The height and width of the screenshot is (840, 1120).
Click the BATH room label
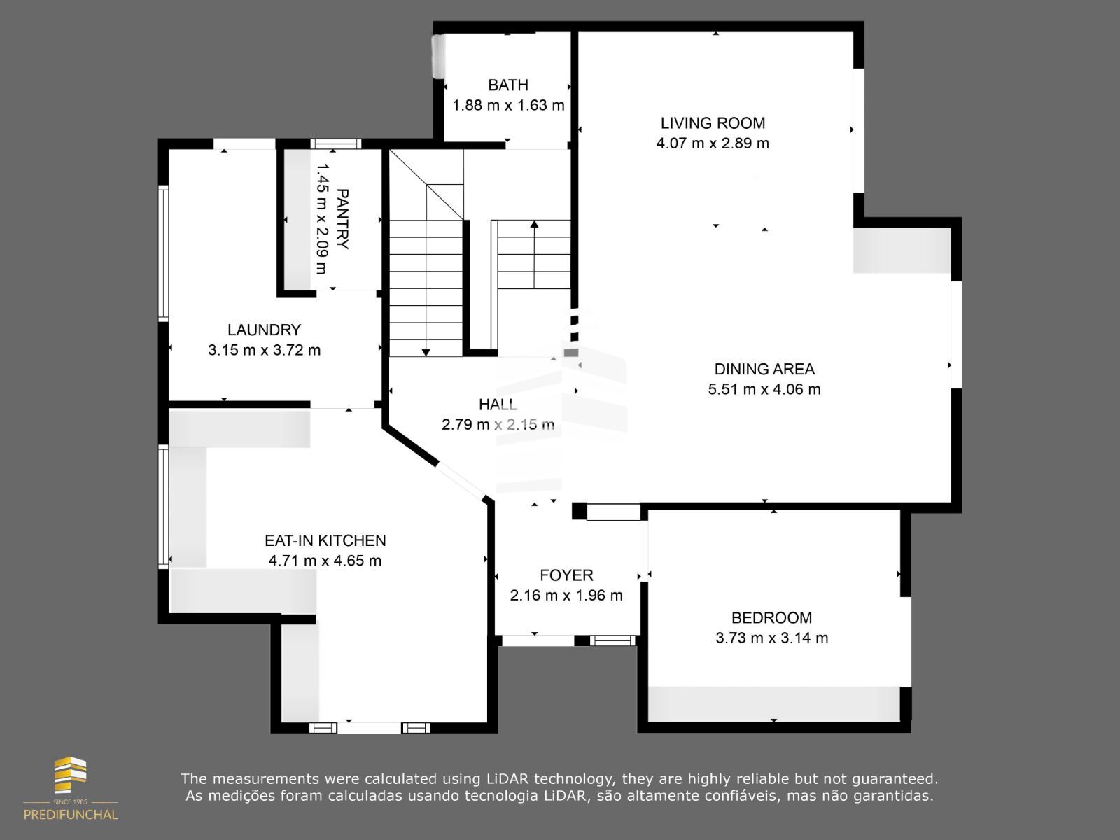(507, 85)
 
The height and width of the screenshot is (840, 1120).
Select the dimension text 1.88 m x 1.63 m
(508, 105)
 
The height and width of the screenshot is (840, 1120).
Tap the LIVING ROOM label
(713, 123)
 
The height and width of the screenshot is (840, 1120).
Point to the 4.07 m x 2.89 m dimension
(713, 143)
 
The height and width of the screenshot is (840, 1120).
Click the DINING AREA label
(764, 369)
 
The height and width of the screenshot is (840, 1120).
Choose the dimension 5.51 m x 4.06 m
(764, 390)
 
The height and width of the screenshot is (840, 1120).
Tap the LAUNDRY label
(264, 330)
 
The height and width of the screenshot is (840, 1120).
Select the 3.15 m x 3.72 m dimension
(265, 351)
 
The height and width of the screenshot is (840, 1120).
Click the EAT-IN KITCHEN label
(325, 540)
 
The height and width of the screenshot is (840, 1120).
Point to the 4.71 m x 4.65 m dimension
(325, 561)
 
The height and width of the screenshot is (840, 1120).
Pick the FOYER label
(566, 575)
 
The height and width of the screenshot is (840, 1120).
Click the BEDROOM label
(771, 617)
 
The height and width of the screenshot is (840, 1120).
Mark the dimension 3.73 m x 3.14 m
(771, 638)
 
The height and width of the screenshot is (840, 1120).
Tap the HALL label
(498, 405)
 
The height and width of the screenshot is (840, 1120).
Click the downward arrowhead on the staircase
(426, 352)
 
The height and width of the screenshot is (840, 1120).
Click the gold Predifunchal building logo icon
(71, 775)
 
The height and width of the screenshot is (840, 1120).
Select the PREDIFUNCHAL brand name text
(71, 815)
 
